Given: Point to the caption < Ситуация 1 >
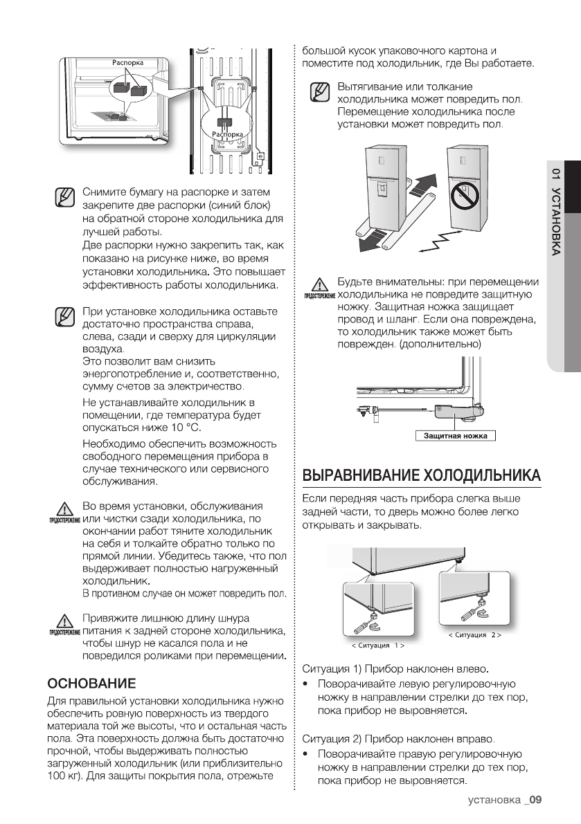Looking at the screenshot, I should click(x=378, y=645).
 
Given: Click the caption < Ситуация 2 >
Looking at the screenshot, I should click(x=474, y=634).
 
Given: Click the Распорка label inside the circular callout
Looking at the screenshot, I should click(x=227, y=134).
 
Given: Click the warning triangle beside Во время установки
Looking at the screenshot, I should click(x=63, y=509).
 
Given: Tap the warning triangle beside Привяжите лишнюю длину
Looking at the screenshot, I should click(x=63, y=621).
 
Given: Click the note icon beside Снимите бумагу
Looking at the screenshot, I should click(x=64, y=197).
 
